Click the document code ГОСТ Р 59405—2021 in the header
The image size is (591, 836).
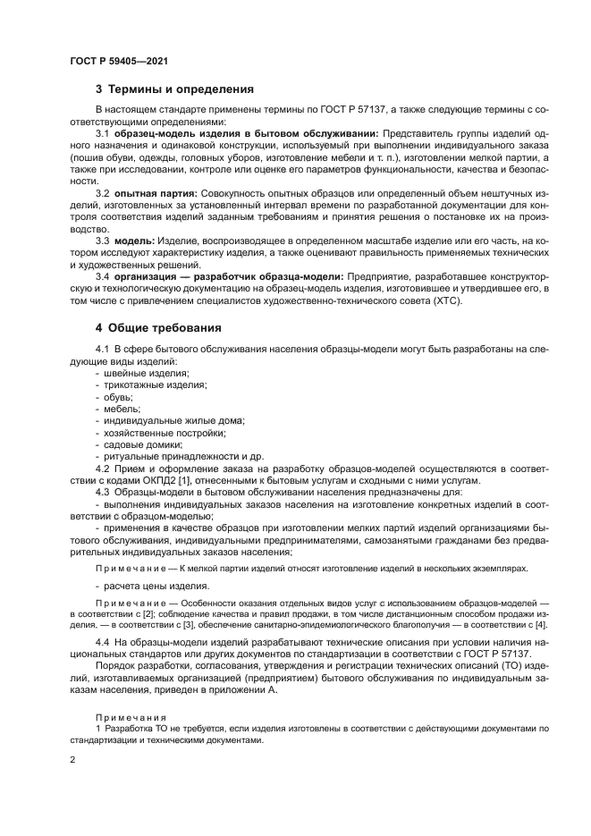[118, 60]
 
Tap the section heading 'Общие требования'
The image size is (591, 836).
[165, 328]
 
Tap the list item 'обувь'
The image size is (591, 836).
[118, 396]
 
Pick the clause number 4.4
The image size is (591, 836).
[103, 643]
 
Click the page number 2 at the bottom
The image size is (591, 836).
[72, 759]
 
